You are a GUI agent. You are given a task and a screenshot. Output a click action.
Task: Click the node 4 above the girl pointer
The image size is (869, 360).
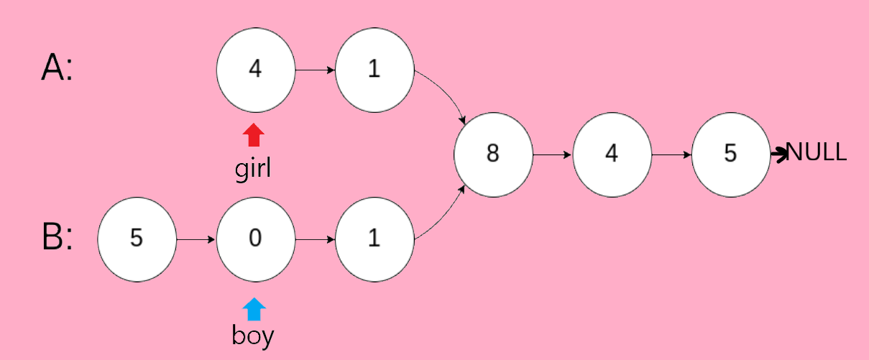[x=255, y=70]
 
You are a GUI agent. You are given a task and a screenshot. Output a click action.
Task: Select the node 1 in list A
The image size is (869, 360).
[x=374, y=70]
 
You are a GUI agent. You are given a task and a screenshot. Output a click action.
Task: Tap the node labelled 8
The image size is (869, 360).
[x=493, y=153]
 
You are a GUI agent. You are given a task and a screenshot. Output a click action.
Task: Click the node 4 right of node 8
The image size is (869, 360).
[x=612, y=153]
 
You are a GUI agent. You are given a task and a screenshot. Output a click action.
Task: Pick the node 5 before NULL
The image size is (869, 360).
[x=730, y=153]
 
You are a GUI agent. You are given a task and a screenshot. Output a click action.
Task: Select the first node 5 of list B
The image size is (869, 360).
[x=137, y=238]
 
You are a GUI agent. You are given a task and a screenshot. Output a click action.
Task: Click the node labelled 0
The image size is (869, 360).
[x=255, y=238]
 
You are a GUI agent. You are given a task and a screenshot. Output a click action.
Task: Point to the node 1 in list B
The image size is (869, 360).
[x=374, y=238]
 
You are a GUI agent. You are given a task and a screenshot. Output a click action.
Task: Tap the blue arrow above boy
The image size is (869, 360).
[x=254, y=310]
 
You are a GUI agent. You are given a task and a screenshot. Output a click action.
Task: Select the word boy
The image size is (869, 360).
[x=253, y=335]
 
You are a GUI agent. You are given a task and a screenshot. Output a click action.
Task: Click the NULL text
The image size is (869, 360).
[x=817, y=152]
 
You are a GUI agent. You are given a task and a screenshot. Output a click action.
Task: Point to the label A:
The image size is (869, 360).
[x=57, y=70]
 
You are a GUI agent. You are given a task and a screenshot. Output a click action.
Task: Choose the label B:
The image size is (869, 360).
[x=57, y=238]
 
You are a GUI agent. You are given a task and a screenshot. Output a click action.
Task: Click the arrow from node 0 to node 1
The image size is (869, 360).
[x=315, y=238]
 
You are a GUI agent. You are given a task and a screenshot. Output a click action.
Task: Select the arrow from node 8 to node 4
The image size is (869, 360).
[x=552, y=153]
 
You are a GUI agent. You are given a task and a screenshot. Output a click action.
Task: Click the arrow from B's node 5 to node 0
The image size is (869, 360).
[x=196, y=238]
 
